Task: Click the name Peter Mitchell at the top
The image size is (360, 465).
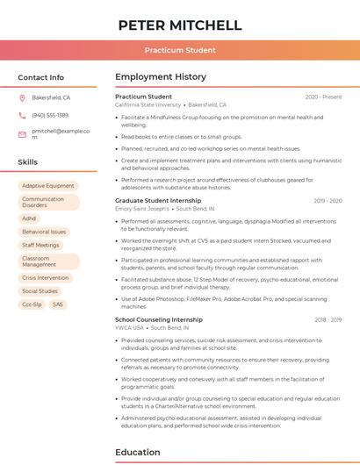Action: tap(180, 25)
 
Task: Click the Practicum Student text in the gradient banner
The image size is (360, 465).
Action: tap(180, 51)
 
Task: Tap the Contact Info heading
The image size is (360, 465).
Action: tap(41, 77)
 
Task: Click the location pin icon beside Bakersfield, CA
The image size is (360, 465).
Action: tap(22, 98)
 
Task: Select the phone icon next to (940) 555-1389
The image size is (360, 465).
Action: tap(22, 116)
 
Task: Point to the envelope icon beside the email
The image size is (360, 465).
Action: tap(22, 134)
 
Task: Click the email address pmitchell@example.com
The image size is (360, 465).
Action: tap(61, 133)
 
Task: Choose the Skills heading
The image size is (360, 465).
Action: tap(28, 162)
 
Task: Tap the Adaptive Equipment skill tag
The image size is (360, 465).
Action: tap(48, 186)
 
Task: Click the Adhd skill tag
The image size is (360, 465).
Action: tap(30, 218)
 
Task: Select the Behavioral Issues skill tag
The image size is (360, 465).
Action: tap(44, 232)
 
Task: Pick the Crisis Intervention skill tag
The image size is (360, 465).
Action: tap(46, 277)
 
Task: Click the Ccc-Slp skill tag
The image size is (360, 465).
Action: tap(32, 304)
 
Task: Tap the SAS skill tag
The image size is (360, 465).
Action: tap(58, 304)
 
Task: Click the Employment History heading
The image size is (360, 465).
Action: tap(161, 77)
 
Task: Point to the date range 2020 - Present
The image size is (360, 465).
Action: tap(323, 97)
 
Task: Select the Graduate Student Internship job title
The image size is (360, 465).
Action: tap(158, 201)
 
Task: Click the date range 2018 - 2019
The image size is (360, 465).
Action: tap(328, 320)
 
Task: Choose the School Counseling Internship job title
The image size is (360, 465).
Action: tap(159, 320)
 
